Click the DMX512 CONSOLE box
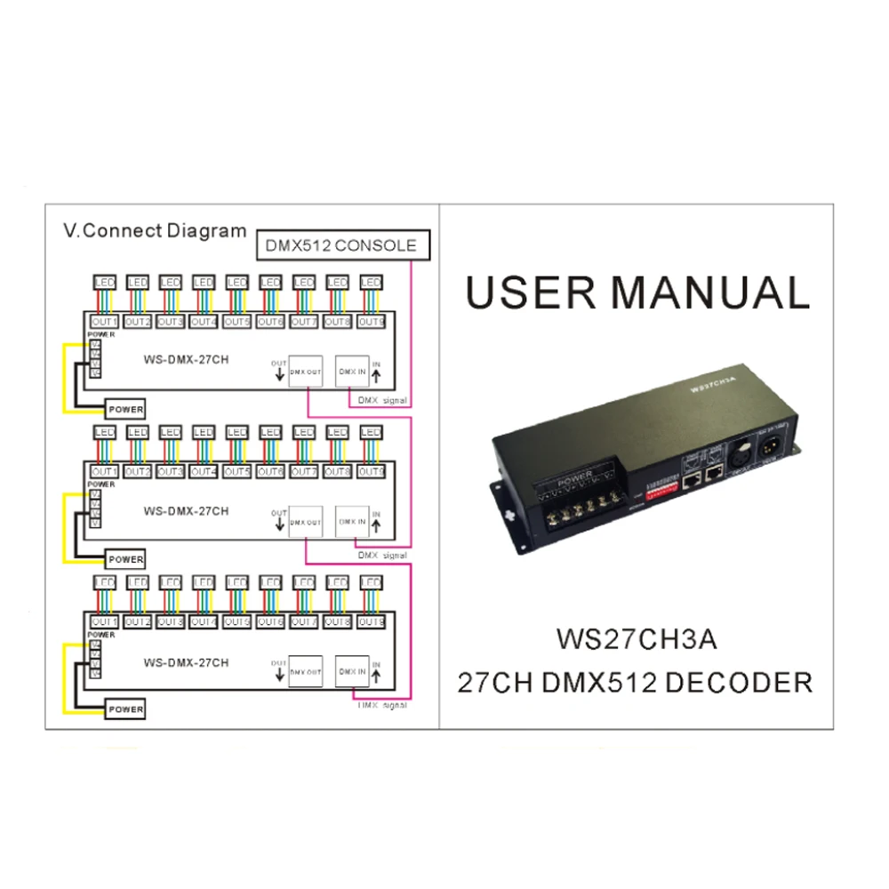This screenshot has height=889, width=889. coord(341,245)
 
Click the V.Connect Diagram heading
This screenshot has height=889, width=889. coord(155,231)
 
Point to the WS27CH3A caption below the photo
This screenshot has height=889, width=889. coord(636,639)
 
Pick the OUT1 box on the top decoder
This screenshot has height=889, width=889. coord(105,322)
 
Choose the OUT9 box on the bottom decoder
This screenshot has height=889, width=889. coord(371,622)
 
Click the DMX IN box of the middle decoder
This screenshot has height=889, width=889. coord(351,522)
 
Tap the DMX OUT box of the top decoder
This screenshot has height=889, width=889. coord(305,372)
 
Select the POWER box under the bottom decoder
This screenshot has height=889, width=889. coord(125,709)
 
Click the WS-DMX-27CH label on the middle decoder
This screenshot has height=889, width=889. coord(186,511)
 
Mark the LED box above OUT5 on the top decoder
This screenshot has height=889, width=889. coord(236,283)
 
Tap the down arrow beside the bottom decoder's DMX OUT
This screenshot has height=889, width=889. coord(279,677)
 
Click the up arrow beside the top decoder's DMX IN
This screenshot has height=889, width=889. coord(376,376)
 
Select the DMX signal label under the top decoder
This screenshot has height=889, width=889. coord(382,401)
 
